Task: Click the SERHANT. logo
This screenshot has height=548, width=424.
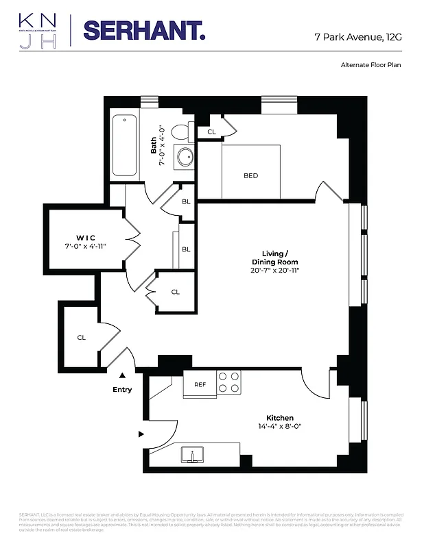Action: coord(143,31)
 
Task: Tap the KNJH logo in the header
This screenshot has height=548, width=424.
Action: coord(38,32)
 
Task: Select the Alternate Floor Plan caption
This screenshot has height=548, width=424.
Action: coord(370,65)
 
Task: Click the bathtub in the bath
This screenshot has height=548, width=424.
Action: coord(125,146)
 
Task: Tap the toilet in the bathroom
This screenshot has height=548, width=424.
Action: coord(181,131)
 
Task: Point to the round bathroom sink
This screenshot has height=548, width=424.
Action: coord(184,158)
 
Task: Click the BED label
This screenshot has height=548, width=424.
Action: coord(250,176)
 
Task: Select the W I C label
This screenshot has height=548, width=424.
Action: coord(85,237)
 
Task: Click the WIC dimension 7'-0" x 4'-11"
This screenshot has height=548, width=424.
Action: coord(85,246)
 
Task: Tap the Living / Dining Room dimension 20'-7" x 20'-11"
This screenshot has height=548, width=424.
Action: coord(274,271)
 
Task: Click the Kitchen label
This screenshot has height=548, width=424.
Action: coord(280,418)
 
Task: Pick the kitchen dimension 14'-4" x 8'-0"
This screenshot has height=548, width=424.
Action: coord(280,427)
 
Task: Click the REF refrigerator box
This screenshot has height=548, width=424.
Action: coord(200,384)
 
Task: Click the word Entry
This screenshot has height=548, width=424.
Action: coord(122,390)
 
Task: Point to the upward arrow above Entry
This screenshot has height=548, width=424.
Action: coord(122,375)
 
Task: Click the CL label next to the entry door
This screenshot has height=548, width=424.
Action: coord(81,337)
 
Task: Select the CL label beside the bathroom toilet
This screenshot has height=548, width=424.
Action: coord(211,132)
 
